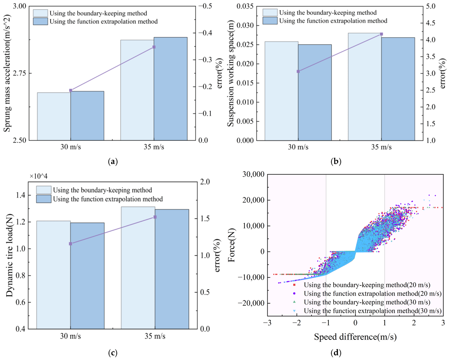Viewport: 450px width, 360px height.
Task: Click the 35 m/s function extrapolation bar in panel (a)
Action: tap(170, 89)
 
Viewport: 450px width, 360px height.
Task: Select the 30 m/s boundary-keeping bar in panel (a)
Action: tap(54, 116)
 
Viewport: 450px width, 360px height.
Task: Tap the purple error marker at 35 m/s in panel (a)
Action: tap(154, 47)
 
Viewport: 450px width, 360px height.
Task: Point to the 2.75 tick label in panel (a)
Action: tap(19, 73)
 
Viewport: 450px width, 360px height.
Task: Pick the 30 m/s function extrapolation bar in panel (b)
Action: tap(315, 92)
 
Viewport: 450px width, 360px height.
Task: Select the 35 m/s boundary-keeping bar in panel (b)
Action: tap(365, 87)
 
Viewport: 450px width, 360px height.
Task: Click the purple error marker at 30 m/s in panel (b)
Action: tap(298, 72)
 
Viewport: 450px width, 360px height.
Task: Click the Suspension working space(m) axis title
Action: tap(230, 73)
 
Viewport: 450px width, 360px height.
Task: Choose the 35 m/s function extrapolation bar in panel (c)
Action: tap(172, 269)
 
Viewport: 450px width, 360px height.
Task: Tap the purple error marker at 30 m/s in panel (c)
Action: tap(70, 244)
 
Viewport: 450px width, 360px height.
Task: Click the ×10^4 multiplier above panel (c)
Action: tap(38, 176)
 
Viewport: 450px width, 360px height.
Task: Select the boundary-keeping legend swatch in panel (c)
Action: tap(44, 190)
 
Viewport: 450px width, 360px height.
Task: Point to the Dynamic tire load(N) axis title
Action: tap(9, 255)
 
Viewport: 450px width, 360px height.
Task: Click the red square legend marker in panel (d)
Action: tap(294, 285)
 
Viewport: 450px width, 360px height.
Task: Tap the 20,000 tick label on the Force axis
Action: tap(253, 200)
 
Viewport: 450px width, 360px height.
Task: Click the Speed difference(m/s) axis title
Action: tap(355, 337)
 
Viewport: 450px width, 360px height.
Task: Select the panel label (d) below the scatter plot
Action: tap(336, 353)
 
